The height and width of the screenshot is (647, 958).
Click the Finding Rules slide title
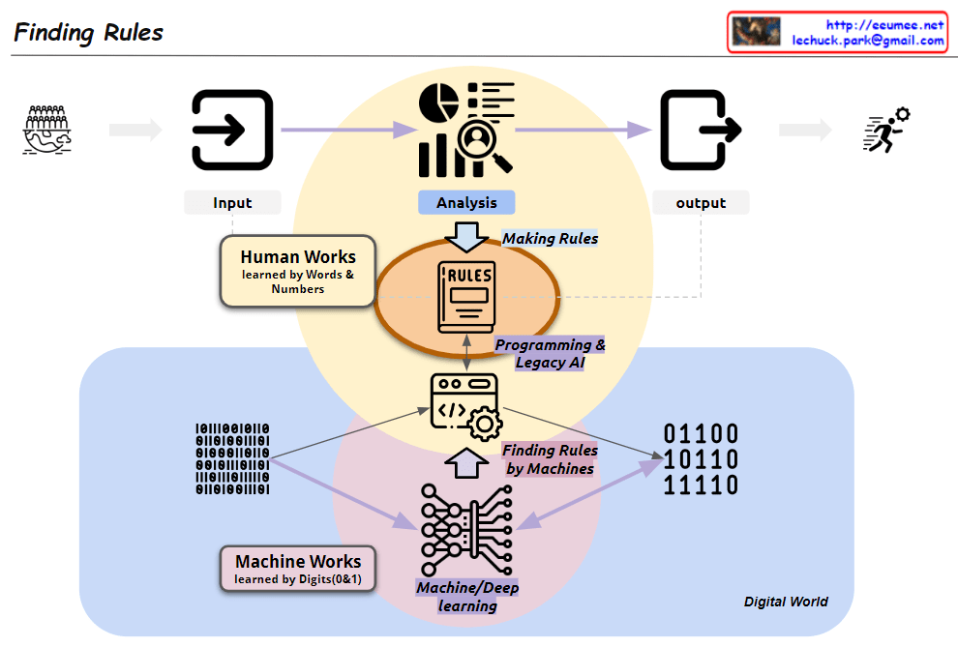coord(89,32)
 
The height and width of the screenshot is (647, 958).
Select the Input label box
coord(232,202)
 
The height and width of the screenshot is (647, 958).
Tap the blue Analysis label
coord(466,202)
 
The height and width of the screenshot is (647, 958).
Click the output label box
coord(701,202)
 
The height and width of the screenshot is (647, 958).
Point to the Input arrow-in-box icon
coord(232,131)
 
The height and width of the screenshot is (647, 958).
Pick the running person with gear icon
coord(885,131)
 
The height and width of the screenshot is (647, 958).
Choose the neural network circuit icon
coord(466,530)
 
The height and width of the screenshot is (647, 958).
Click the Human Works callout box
coord(298,271)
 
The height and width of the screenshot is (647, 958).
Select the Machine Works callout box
coord(298,569)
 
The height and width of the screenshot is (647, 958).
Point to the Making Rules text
coord(550,238)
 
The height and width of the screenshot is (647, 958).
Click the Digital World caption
coord(786,602)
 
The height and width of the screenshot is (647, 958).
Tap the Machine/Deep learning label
coord(468,597)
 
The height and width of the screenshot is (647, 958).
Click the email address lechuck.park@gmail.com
coord(868,41)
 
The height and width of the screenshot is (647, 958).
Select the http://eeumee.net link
coord(884,25)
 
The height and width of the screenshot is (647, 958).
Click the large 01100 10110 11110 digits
coord(701,459)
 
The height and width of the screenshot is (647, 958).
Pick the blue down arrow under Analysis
coord(466,235)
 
